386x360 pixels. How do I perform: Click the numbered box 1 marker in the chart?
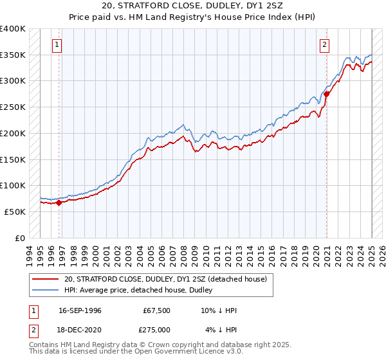tap(58, 45)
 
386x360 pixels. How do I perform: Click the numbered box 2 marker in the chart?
tap(325, 45)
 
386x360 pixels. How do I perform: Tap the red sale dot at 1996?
tap(59, 203)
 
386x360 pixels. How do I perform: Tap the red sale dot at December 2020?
tap(327, 94)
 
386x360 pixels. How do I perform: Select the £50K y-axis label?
tap(15, 212)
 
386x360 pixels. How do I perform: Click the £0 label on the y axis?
tap(20, 238)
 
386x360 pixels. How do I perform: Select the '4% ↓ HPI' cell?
tap(221, 329)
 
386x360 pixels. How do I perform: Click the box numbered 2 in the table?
tap(33, 329)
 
